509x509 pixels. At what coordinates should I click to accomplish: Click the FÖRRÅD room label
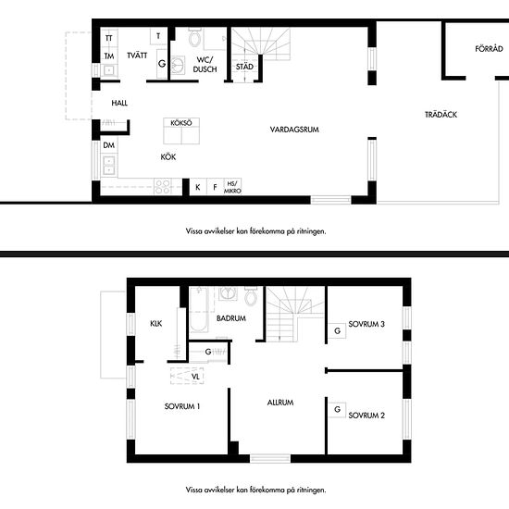[x=489, y=49]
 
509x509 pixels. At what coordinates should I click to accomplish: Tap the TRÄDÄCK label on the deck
[x=441, y=115]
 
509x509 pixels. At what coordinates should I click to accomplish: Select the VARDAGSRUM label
[x=294, y=130]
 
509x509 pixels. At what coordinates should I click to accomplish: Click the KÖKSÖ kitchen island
[x=181, y=130]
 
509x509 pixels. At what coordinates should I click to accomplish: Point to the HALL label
[x=119, y=103]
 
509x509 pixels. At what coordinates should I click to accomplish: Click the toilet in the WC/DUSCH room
[x=194, y=38]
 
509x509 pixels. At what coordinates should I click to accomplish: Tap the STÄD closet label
[x=244, y=67]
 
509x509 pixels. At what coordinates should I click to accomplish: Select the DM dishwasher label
[x=109, y=145]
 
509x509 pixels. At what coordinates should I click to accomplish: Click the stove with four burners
[x=163, y=187]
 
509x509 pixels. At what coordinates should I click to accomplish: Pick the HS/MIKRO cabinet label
[x=232, y=187]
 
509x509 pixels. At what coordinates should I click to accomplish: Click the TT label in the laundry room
[x=109, y=38]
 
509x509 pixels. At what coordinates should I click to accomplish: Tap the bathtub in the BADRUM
[x=198, y=309]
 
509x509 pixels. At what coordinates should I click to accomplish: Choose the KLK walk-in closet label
[x=155, y=323]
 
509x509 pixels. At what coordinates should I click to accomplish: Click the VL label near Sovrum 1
[x=195, y=377]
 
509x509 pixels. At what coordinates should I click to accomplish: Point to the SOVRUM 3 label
[x=366, y=324]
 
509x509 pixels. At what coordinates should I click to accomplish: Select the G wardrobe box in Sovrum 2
[x=337, y=410]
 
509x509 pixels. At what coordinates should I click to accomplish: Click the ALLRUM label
[x=280, y=403]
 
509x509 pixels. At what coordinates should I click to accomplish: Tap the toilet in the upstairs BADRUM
[x=251, y=296]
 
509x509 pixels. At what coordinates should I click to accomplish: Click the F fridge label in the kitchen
[x=215, y=187]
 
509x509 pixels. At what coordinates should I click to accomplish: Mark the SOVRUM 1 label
[x=182, y=406]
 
